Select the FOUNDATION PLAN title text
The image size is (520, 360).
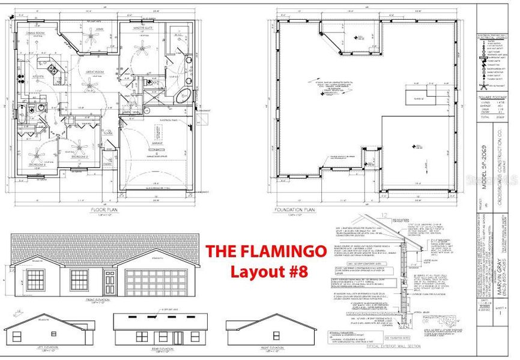[x=294, y=211]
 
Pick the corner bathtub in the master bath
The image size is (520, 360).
[x=184, y=97]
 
